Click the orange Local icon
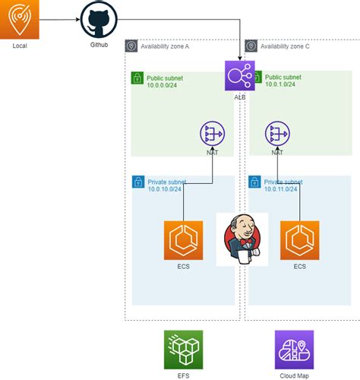[20, 19]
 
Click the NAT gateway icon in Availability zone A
[212, 134]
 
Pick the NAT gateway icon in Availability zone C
[277, 134]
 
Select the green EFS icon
[183, 350]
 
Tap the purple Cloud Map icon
[294, 350]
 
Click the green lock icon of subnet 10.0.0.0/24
[137, 78]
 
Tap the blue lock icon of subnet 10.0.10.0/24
[137, 182]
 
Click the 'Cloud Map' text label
[294, 375]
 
